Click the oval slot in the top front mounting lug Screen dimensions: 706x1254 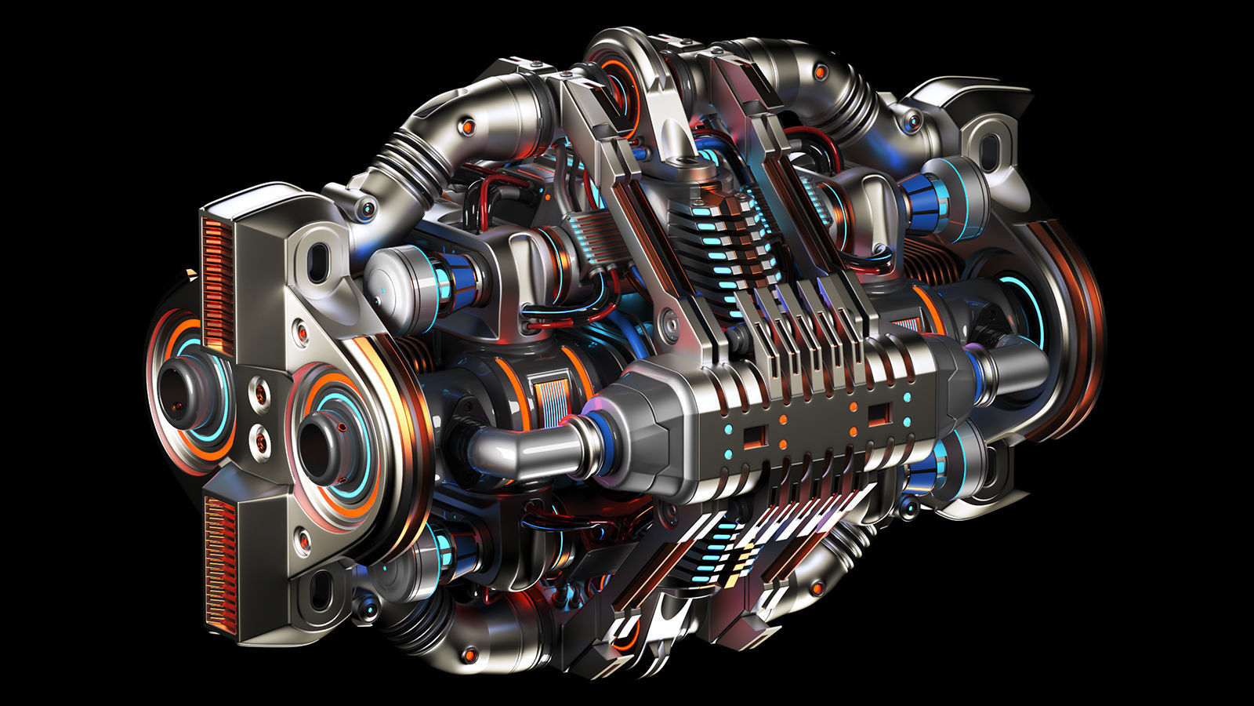[318, 262]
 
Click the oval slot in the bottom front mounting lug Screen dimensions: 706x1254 [320, 591]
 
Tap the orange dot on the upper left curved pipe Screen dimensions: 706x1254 [468, 126]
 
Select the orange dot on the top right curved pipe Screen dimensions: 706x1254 [821, 72]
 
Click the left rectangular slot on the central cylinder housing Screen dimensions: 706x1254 [753, 435]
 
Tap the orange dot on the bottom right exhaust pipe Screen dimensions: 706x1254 [817, 587]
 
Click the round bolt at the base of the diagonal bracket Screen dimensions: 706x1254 [668, 320]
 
